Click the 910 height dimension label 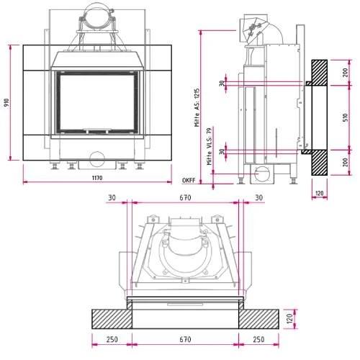click(x=7, y=103)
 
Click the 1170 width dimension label click(x=97, y=178)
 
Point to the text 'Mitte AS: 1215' click(x=197, y=108)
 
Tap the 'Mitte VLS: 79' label click(x=210, y=146)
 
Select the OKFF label click(x=189, y=181)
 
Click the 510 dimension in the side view click(x=345, y=117)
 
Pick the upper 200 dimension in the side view click(x=345, y=72)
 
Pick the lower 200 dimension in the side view click(x=345, y=162)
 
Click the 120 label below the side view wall click(x=320, y=193)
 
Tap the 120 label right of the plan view click(x=290, y=318)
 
